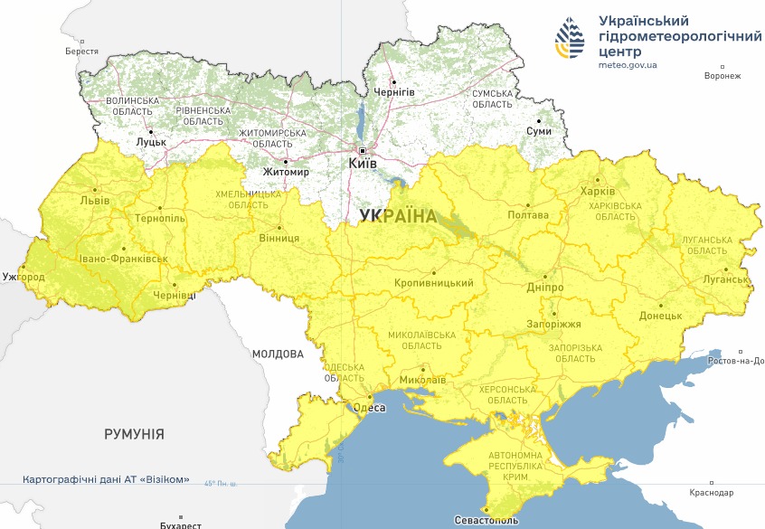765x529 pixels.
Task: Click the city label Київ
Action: [x=363, y=164]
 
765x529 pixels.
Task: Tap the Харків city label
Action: [x=599, y=192]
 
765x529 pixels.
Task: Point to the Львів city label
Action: [x=95, y=200]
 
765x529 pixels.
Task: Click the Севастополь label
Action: [x=486, y=521]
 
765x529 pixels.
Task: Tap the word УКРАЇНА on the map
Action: [x=397, y=215]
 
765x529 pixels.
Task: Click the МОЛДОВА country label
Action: [x=278, y=354]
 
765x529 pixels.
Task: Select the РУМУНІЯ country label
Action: [x=134, y=434]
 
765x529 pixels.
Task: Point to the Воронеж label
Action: [x=722, y=76]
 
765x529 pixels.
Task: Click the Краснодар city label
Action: [x=712, y=493]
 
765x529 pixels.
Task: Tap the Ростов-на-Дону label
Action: [x=738, y=361]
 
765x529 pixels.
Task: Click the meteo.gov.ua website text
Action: [x=628, y=65]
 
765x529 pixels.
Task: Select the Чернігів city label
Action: [x=394, y=92]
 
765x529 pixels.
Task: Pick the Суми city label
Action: [x=538, y=131]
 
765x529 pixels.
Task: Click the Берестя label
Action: [x=81, y=52]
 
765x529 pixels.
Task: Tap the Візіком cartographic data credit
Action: [x=106, y=479]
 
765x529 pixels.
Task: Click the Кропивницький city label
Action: [x=434, y=283]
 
